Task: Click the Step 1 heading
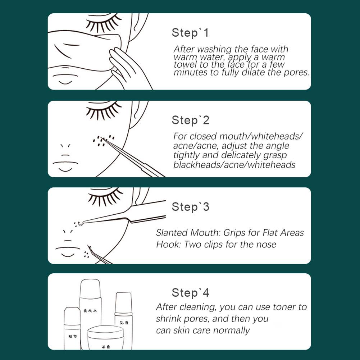(x=190, y=33)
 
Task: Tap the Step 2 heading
(x=190, y=120)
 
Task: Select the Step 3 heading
(x=190, y=207)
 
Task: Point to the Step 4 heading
(x=190, y=293)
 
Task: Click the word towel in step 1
(x=184, y=64)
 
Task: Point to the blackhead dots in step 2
(x=103, y=141)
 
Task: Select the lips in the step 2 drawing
(x=65, y=165)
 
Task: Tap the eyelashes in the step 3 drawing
(x=104, y=198)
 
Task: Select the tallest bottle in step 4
(x=90, y=309)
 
